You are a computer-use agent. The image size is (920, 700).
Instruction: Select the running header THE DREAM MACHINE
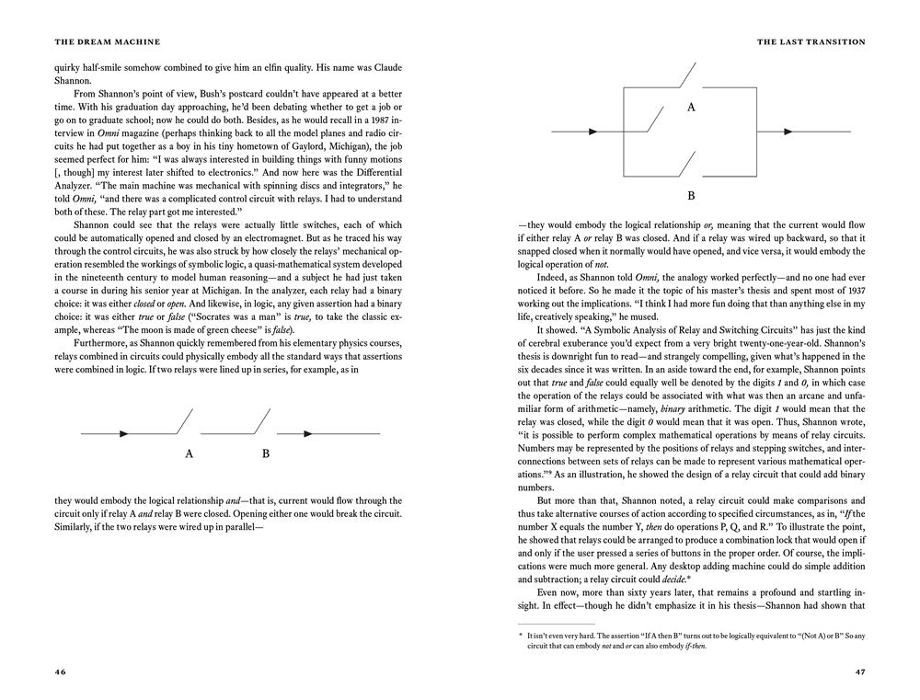point(95,40)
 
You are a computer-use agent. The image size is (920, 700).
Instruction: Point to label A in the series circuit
point(189,453)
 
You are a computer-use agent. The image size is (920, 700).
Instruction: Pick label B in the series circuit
point(266,453)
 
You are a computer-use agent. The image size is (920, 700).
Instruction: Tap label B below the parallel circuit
point(689,197)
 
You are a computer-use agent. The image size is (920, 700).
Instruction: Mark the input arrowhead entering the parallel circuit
point(593,132)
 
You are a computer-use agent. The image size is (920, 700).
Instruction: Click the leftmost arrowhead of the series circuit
point(123,432)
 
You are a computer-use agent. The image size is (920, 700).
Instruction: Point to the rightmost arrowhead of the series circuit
point(309,432)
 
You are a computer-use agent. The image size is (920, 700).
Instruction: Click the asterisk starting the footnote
point(521,635)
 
